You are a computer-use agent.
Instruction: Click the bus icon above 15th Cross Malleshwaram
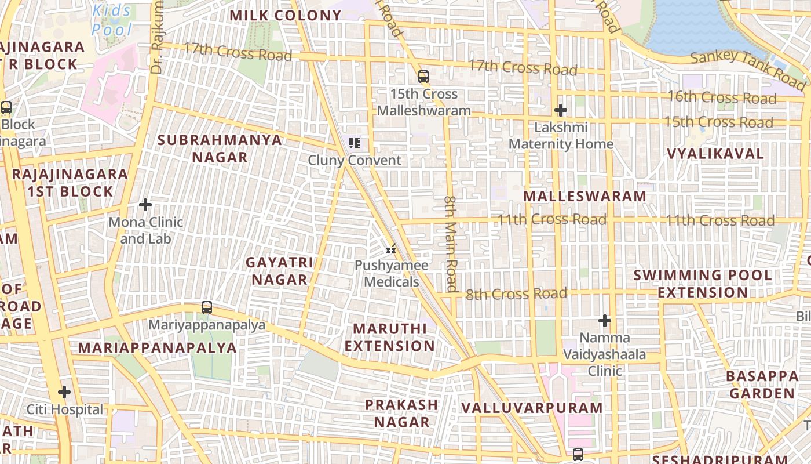click(423, 76)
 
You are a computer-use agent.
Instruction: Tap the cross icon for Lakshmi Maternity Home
click(560, 110)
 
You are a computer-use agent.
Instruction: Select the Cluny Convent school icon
click(355, 143)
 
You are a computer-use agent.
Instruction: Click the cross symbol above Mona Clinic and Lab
click(145, 205)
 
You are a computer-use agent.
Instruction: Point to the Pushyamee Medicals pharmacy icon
click(392, 249)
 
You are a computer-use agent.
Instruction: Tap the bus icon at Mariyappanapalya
click(207, 307)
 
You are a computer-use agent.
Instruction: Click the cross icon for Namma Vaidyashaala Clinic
click(605, 321)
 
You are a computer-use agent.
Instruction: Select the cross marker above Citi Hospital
click(64, 393)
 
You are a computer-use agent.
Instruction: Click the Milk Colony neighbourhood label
click(286, 16)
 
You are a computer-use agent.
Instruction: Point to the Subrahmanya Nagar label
click(220, 148)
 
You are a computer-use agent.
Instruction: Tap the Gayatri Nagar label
click(279, 271)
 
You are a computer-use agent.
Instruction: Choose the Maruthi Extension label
click(393, 338)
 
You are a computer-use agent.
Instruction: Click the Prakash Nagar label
click(401, 413)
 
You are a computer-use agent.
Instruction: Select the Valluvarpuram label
click(532, 408)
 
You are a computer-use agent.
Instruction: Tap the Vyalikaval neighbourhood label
click(715, 154)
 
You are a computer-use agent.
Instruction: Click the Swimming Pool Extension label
click(703, 284)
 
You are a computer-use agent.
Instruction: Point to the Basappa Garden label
click(762, 385)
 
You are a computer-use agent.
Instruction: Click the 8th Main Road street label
click(451, 244)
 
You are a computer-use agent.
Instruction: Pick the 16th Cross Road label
click(722, 97)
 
